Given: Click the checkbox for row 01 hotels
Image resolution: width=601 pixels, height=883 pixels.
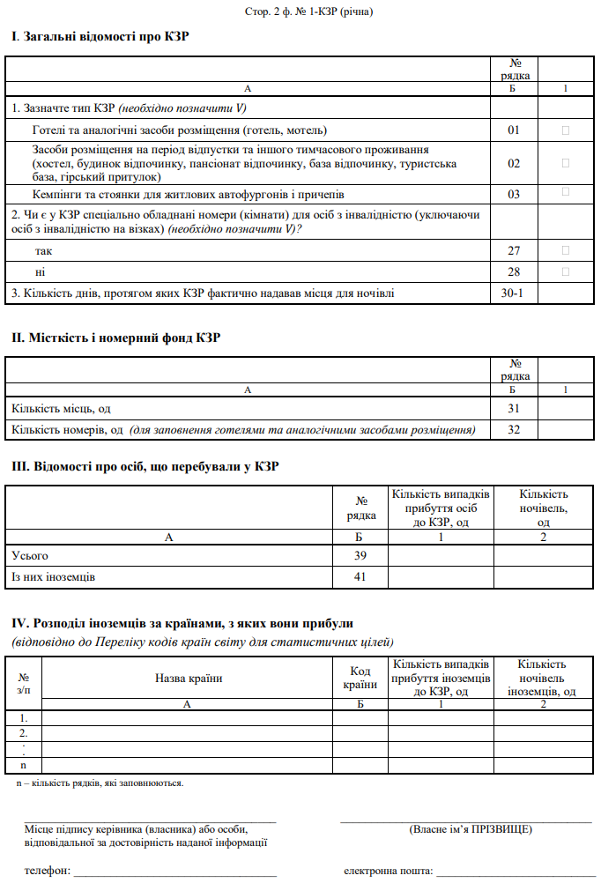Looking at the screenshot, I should tap(565, 130).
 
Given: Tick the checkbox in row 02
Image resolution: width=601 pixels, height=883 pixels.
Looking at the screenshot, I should tap(565, 163).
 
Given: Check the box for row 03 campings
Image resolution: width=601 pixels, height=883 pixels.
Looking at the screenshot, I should tap(565, 192).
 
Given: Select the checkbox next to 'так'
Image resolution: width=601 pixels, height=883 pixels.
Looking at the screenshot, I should tap(565, 251).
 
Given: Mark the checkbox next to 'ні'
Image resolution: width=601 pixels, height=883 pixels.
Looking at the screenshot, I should tap(565, 272).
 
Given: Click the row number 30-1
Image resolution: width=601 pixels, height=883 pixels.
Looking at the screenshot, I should tap(514, 293).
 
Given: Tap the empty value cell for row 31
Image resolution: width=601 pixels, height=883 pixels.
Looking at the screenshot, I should tap(565, 409).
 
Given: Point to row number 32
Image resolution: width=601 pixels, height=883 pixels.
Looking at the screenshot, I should tap(514, 430).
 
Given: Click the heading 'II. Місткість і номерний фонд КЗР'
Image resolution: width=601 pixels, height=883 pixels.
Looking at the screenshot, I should tap(116, 338).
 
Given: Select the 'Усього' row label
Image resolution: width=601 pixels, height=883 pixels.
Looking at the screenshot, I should tap(30, 556).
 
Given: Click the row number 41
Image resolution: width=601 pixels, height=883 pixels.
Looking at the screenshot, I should tap(360, 577).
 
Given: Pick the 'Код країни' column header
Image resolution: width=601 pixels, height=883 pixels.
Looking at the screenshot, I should tap(360, 678).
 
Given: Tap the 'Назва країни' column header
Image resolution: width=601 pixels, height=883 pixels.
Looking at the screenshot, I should tap(188, 678).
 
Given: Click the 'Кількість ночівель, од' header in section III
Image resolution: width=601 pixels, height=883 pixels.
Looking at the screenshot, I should tap(544, 508).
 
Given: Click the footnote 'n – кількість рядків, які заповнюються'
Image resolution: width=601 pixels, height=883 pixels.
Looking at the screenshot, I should tap(100, 783).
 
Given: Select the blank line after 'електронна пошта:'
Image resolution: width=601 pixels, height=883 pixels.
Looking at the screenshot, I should tap(515, 872).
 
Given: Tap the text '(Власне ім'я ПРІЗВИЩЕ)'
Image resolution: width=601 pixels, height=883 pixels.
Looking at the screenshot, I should tap(471, 830).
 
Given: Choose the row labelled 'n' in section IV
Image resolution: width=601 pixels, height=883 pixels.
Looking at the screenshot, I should tap(24, 766).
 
